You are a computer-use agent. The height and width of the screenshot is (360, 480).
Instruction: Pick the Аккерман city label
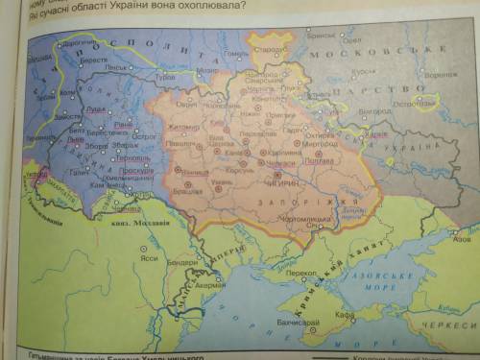209,285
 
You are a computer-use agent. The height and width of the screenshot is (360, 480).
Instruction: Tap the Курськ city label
363,71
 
